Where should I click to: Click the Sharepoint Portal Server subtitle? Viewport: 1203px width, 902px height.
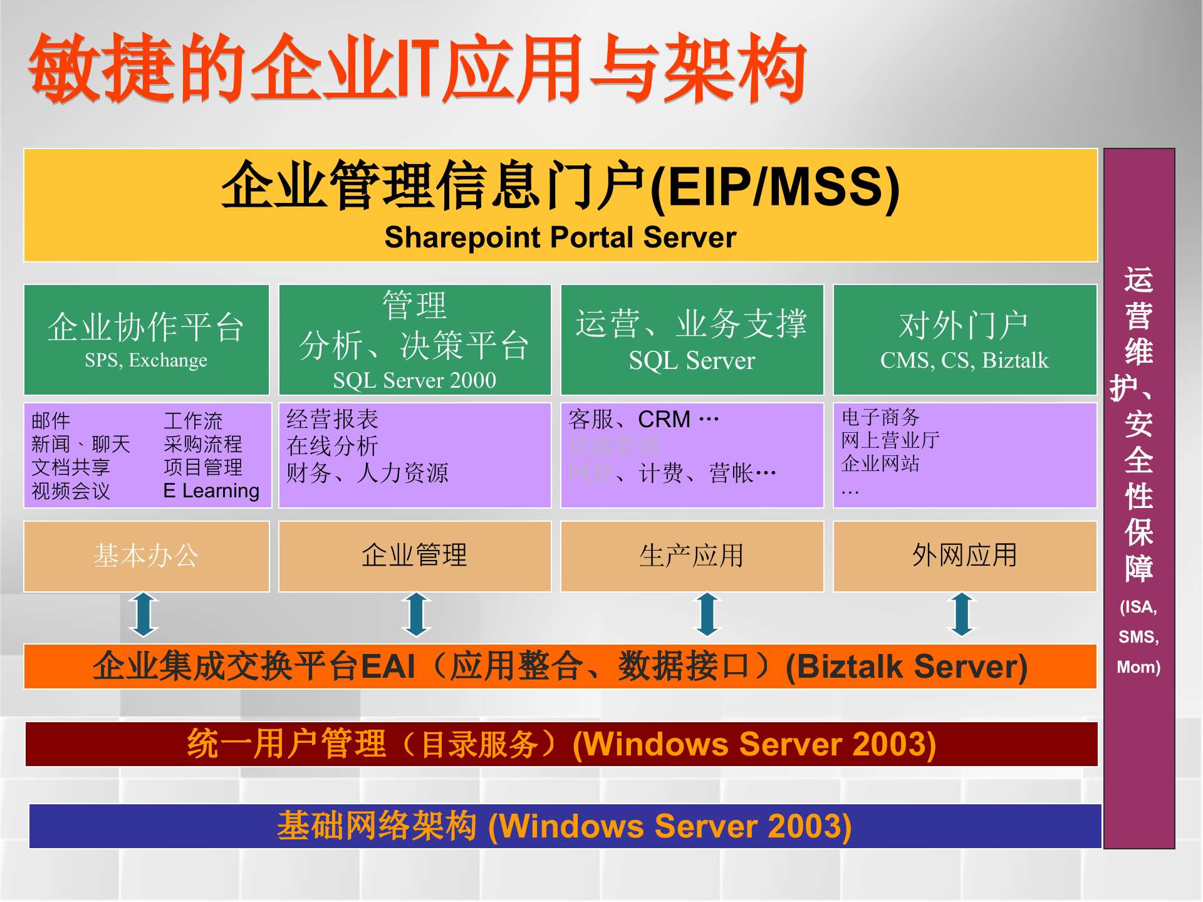560,237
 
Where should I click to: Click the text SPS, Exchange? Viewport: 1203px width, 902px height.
146,360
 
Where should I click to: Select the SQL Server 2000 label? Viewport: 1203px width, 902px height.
414,380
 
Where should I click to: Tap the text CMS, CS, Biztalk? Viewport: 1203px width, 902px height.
964,360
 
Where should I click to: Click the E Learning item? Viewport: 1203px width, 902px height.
211,490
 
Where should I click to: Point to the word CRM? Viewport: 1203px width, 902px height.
664,419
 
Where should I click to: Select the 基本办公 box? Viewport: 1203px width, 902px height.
146,556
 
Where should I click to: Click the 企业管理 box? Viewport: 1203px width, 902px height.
414,556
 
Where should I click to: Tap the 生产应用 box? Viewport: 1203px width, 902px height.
691,556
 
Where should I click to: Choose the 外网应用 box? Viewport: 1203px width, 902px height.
964,556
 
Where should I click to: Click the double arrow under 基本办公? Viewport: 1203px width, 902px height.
143,614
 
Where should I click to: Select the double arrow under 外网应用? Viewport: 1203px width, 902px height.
962,614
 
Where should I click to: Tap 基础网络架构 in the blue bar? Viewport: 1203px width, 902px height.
377,826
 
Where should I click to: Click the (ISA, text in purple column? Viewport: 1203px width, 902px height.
1138,607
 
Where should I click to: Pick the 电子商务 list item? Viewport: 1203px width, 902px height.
880,417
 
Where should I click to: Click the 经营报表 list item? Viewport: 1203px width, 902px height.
332,419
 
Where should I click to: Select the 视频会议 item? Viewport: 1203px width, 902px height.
71,490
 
